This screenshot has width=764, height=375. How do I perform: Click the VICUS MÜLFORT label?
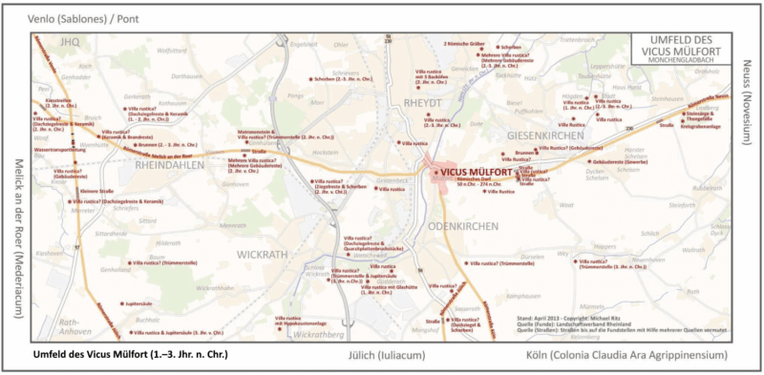click(x=477, y=172)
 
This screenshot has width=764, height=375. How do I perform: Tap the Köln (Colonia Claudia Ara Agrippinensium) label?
click(x=626, y=354)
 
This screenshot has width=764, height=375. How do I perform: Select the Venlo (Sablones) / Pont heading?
click(x=73, y=16)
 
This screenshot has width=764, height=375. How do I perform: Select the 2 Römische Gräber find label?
click(x=466, y=44)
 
